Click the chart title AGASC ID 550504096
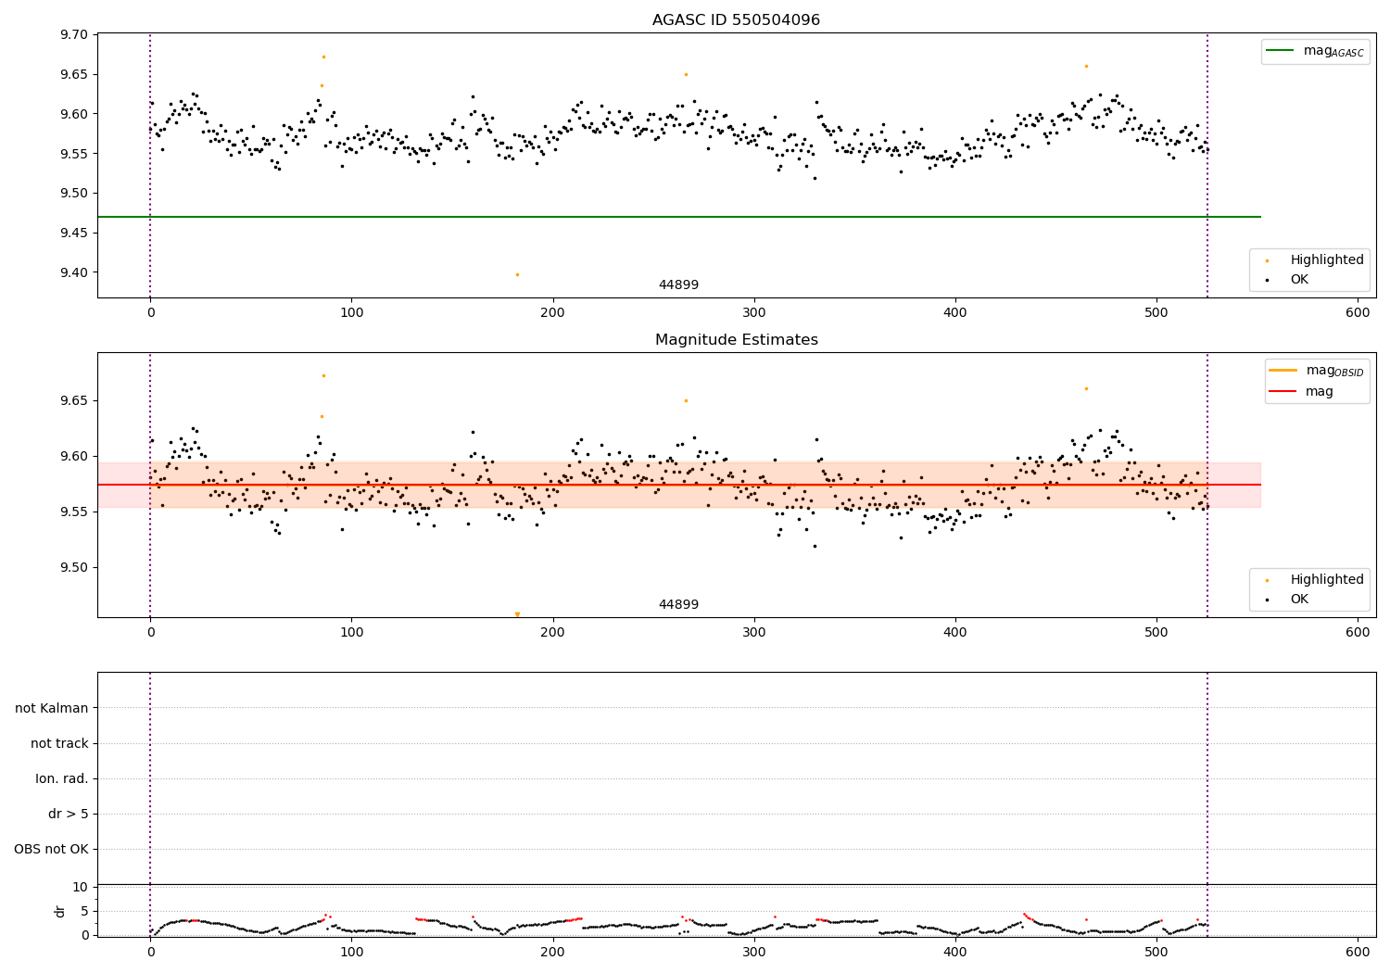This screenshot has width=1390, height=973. point(736,20)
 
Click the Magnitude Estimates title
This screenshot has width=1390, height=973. point(736,340)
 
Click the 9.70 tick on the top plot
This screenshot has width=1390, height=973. point(74,35)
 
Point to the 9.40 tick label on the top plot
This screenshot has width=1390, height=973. point(74,272)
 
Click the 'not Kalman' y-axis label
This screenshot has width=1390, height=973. point(52,708)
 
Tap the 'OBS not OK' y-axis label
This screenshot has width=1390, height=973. point(51,849)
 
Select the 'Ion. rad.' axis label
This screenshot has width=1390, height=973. point(62,778)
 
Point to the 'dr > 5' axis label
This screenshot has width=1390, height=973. point(69,814)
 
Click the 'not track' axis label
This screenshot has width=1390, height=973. point(59,743)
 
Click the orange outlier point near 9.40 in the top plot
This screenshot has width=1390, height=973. point(517,274)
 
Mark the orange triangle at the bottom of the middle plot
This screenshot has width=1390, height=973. point(517,614)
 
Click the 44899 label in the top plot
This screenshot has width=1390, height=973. point(678,285)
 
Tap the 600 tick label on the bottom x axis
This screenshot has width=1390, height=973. point(1358,952)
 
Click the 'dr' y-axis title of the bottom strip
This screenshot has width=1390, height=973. point(60,911)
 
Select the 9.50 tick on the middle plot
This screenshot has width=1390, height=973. point(74,567)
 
